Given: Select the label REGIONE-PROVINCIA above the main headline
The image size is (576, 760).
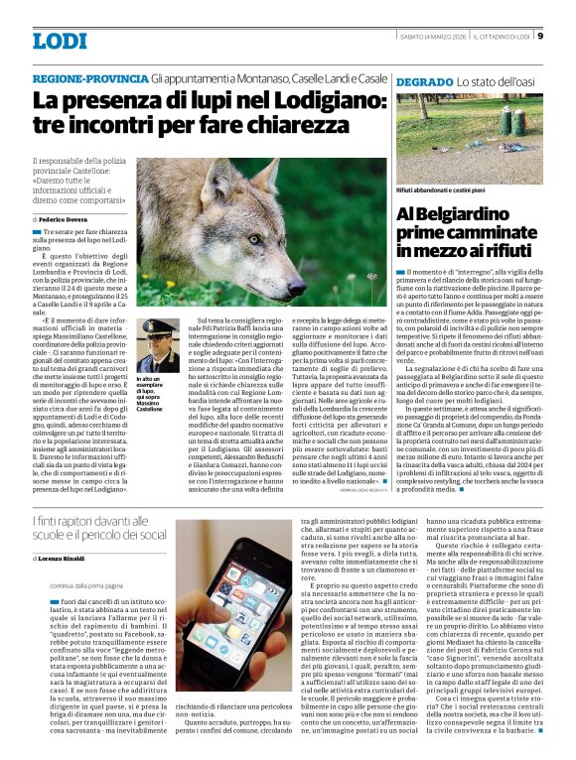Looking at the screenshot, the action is pyautogui.click(x=90, y=78).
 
